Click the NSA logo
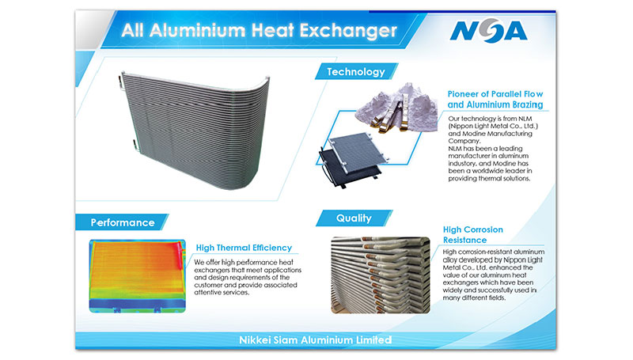point(488,31)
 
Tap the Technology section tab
point(356,71)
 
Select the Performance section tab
point(123,222)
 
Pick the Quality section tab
point(354,218)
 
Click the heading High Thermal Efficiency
point(244,248)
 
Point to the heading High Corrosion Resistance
point(472,235)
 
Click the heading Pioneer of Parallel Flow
point(495,94)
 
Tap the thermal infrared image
point(137,276)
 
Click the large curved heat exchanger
point(195,129)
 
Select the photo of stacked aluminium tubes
point(381,275)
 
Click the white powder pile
point(397,108)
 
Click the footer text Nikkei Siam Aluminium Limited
point(315,339)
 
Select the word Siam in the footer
point(286,339)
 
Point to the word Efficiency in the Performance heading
point(272,248)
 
